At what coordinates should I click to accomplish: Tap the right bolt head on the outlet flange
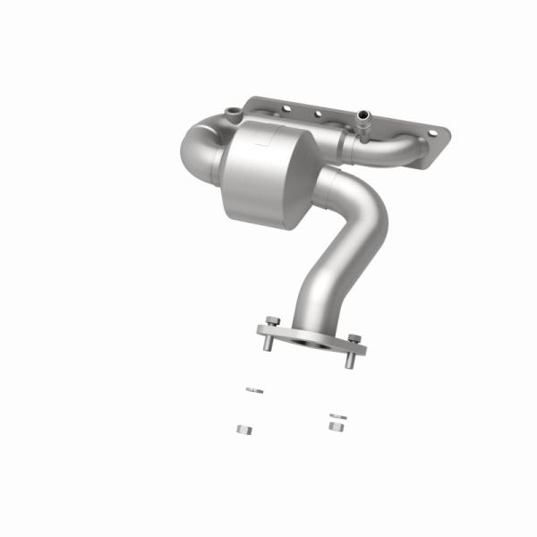[x=354, y=338]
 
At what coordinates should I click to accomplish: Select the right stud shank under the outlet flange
[x=350, y=360]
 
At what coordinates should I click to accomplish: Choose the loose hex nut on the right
[x=336, y=426]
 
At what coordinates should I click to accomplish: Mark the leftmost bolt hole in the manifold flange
[x=287, y=110]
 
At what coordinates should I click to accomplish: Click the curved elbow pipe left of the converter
[x=200, y=152]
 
